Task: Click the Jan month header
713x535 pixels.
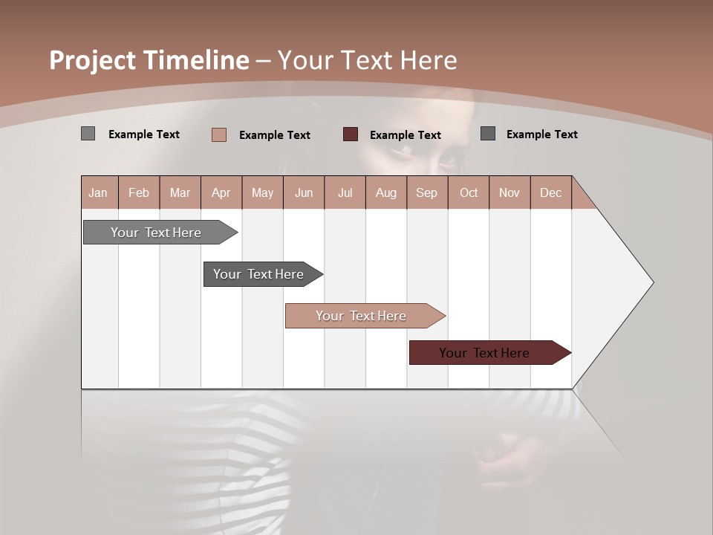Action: pyautogui.click(x=98, y=192)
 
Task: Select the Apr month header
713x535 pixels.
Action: pyautogui.click(x=221, y=192)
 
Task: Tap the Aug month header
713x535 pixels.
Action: pyautogui.click(x=385, y=192)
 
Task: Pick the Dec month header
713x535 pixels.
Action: pyautogui.click(x=550, y=192)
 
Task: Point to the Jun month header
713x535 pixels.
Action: pyautogui.click(x=304, y=192)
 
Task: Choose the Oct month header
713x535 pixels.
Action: pyautogui.click(x=469, y=192)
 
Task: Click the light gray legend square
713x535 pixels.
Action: pyautogui.click(x=88, y=134)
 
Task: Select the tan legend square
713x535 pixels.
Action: pyautogui.click(x=218, y=134)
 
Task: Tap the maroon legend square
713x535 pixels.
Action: pyautogui.click(x=351, y=134)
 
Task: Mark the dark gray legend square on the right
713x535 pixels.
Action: pyautogui.click(x=488, y=134)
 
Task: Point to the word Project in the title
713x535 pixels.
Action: pyautogui.click(x=93, y=60)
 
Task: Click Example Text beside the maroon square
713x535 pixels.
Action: pyautogui.click(x=405, y=135)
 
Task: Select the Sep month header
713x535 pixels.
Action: pyautogui.click(x=426, y=192)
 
